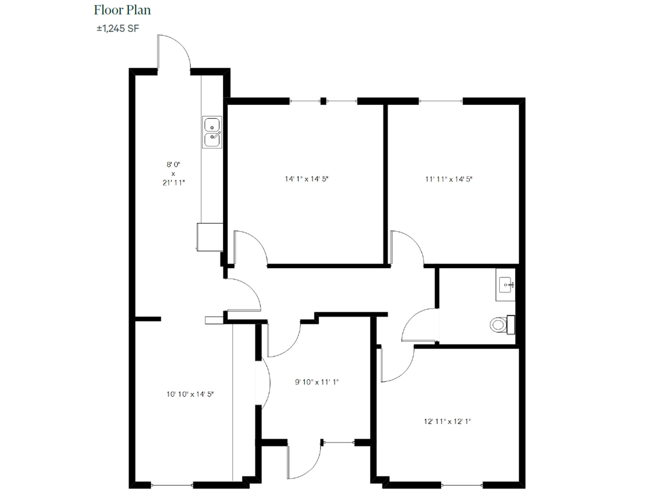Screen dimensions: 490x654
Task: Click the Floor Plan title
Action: click(x=122, y=10)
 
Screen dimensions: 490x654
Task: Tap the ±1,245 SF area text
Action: click(x=118, y=29)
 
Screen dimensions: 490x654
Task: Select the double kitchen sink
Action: click(x=212, y=132)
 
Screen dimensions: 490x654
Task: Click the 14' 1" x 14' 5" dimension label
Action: click(x=307, y=179)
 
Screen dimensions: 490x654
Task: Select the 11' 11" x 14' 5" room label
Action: click(x=448, y=179)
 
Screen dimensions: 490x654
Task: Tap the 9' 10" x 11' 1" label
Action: click(x=317, y=382)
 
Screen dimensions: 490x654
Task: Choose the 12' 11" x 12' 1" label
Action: click(x=447, y=421)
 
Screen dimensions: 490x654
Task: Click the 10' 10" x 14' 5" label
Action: click(x=190, y=394)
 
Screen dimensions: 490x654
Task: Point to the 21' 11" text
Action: click(x=174, y=183)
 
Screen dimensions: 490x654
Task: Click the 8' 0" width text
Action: click(x=173, y=165)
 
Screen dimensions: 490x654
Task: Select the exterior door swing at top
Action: click(x=174, y=51)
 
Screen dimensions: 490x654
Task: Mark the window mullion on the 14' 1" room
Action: click(x=323, y=101)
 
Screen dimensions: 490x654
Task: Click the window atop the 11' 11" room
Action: click(x=441, y=101)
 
